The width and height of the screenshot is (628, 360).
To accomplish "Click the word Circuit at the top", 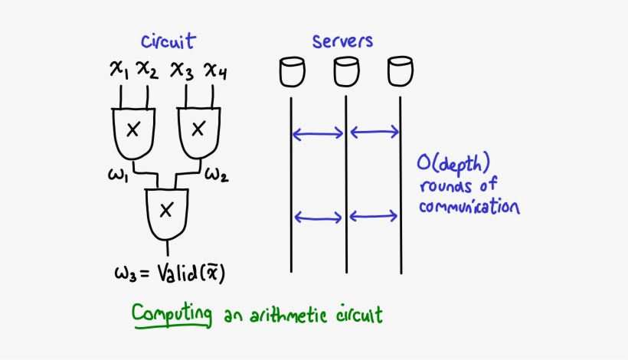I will tap(168, 41).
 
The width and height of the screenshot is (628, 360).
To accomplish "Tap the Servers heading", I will tap(343, 41).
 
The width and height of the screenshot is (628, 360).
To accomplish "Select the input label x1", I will tap(119, 71).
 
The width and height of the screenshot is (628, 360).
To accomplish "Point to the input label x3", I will tap(182, 71).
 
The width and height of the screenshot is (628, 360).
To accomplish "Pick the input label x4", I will tap(214, 71).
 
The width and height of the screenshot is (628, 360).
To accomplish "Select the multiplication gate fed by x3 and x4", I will tap(198, 128).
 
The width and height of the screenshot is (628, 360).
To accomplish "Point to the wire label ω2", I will tap(215, 175).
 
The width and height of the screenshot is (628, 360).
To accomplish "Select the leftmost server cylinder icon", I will tap(293, 72).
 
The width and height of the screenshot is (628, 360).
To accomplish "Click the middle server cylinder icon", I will tap(346, 72).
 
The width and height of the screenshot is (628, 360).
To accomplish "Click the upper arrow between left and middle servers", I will tap(319, 135).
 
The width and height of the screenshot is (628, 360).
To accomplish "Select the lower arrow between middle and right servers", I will tap(374, 217).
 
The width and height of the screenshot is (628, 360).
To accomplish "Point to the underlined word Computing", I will tap(171, 314).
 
